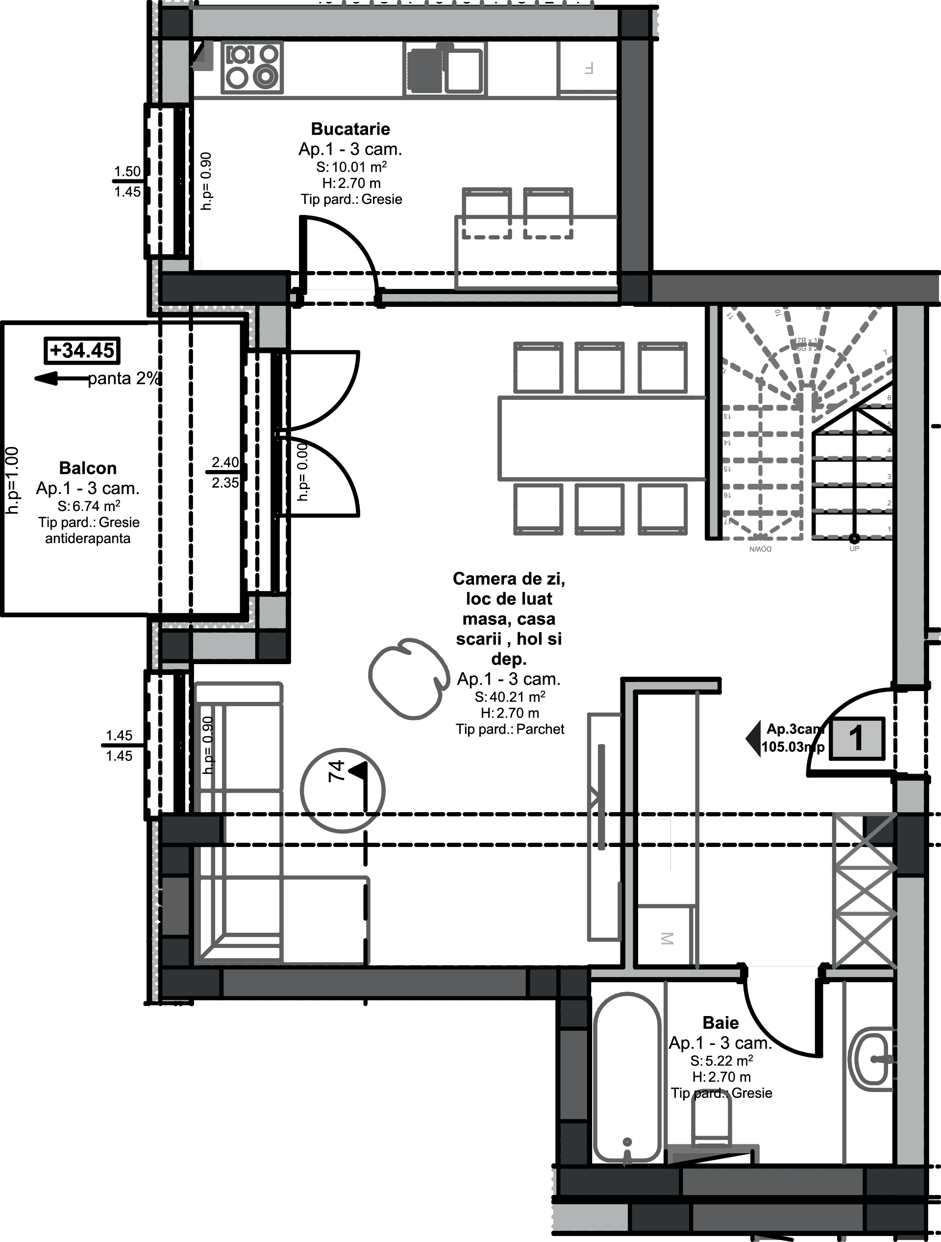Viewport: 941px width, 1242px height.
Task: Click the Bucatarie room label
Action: tap(350, 129)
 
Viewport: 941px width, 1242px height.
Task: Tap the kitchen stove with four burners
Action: tap(252, 68)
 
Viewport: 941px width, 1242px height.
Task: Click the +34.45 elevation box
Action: tap(82, 350)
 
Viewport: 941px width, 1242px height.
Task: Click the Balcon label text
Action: tap(88, 468)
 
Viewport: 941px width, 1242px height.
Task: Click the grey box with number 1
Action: tap(856, 738)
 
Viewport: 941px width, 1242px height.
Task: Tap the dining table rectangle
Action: tap(601, 439)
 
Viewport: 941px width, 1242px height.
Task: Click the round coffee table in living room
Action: tap(409, 678)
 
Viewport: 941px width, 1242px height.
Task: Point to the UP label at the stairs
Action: tap(854, 548)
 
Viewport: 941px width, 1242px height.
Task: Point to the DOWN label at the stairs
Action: tap(760, 548)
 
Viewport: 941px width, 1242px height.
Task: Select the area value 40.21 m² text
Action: tap(509, 697)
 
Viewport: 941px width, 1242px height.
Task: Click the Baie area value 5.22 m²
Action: tap(721, 1061)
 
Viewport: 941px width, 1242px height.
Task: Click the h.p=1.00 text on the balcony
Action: tap(12, 480)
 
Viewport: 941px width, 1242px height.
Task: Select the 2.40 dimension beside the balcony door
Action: tap(225, 462)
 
